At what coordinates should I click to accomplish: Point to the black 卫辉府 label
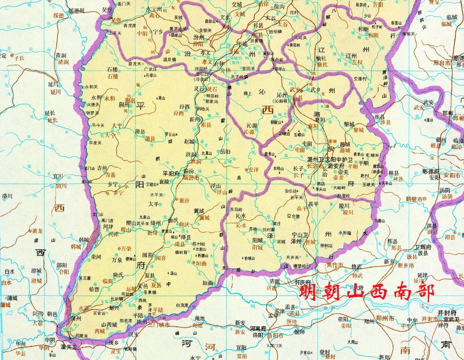pyautogui.click(x=422, y=247)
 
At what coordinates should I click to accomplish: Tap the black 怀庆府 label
pyautogui.click(x=302, y=282)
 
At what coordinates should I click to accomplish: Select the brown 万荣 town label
pyautogui.click(x=126, y=248)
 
